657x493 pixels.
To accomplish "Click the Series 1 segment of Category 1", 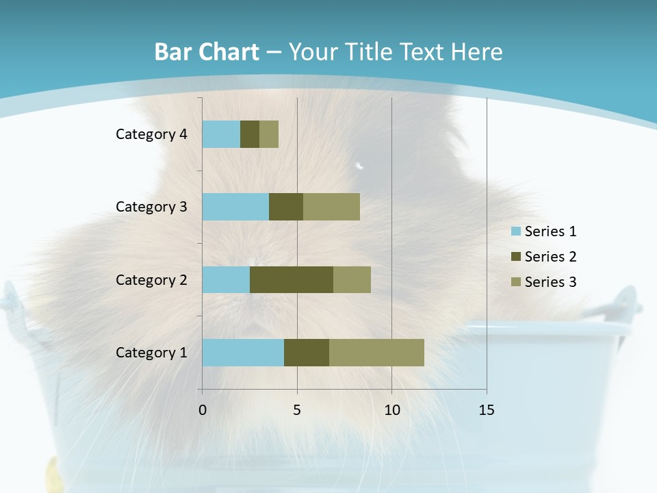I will click(243, 353).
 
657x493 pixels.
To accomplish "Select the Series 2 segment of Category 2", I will click(292, 279).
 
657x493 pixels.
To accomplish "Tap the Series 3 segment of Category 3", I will click(331, 207).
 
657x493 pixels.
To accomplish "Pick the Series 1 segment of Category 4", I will click(221, 134).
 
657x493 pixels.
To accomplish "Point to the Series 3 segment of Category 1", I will click(376, 353).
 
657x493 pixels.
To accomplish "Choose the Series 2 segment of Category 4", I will click(250, 134).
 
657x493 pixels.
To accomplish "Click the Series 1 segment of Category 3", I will click(235, 207).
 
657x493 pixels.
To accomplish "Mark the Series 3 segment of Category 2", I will click(352, 279).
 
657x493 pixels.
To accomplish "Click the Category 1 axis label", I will click(151, 353).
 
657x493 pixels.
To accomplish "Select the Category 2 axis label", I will click(151, 279).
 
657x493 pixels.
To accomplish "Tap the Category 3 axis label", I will click(151, 207).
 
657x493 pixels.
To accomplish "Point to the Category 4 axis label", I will click(151, 134).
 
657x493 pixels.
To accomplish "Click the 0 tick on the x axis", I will click(203, 410).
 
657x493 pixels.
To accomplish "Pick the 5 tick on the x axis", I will click(297, 410).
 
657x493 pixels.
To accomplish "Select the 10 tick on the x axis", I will click(391, 410).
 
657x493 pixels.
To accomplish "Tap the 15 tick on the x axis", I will click(487, 410).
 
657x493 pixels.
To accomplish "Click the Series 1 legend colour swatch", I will click(515, 231).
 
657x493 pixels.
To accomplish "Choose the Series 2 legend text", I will click(550, 257).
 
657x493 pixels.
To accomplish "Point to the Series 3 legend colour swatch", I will click(515, 282).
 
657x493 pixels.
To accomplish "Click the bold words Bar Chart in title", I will click(207, 52).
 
